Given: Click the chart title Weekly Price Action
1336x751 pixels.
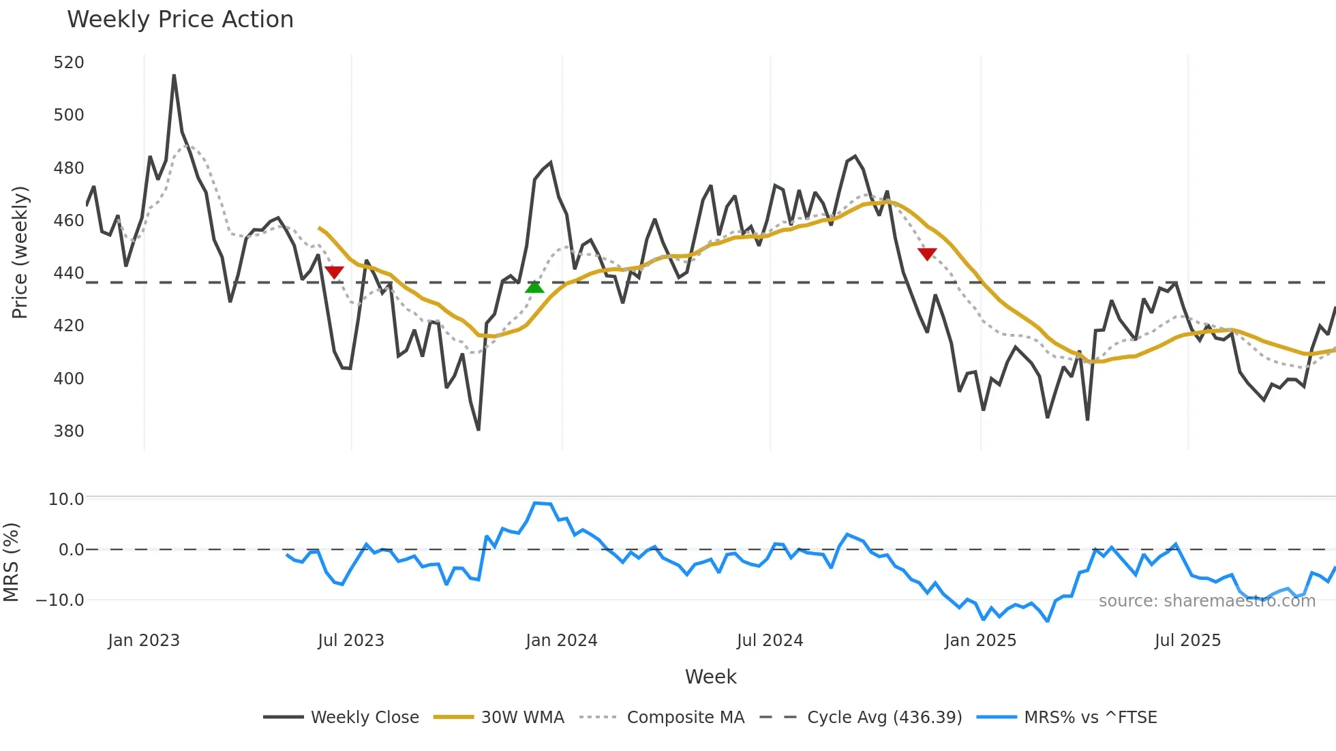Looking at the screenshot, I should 180,19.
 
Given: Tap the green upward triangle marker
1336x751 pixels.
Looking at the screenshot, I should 534,288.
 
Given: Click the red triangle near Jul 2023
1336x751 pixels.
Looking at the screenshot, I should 334,272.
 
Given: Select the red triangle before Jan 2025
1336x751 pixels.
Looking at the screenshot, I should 927,254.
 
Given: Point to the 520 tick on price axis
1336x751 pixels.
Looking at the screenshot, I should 69,63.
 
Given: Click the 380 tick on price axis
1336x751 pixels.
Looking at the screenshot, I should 69,431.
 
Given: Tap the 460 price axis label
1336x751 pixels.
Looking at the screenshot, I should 69,220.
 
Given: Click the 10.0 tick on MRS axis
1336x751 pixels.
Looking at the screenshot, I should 66,499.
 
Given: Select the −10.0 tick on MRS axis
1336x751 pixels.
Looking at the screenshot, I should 60,600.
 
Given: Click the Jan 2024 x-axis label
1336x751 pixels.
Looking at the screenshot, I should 561,641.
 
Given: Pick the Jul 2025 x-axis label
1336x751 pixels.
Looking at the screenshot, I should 1187,641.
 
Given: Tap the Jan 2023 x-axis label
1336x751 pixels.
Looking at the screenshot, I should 144,641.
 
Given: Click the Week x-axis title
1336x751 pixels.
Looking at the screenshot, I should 710,677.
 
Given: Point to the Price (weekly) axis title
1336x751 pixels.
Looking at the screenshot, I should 20,252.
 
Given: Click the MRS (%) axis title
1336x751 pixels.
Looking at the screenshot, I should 12,562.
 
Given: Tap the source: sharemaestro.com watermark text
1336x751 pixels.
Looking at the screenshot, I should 1206,601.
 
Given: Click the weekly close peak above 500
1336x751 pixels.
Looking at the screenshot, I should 174,76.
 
